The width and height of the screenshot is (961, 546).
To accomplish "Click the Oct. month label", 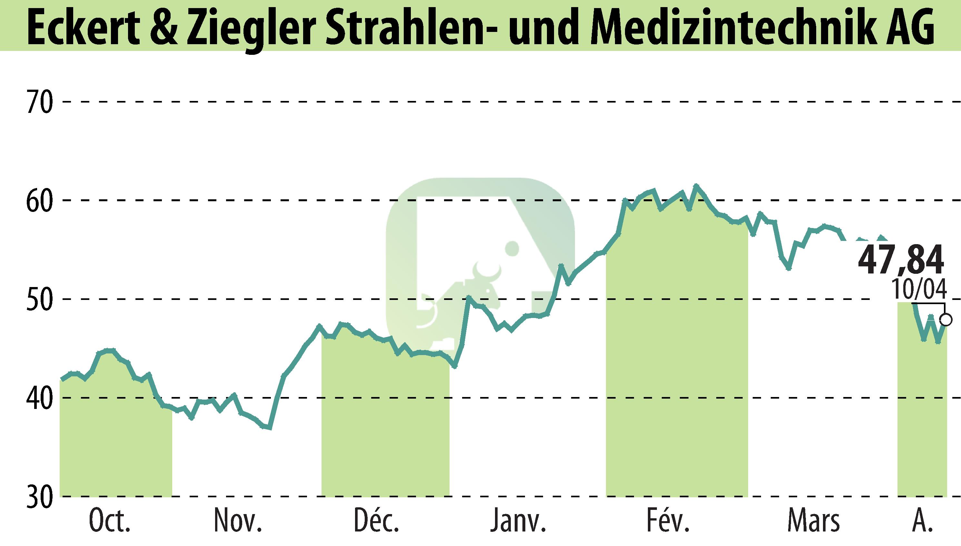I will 110,521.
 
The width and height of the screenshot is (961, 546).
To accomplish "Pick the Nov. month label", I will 238,521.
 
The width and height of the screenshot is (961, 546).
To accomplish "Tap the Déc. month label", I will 376,521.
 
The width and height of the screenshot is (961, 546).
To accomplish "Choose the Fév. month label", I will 668,521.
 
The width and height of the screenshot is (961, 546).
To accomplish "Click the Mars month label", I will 813,521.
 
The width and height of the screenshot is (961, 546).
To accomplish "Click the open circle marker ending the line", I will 946,320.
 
